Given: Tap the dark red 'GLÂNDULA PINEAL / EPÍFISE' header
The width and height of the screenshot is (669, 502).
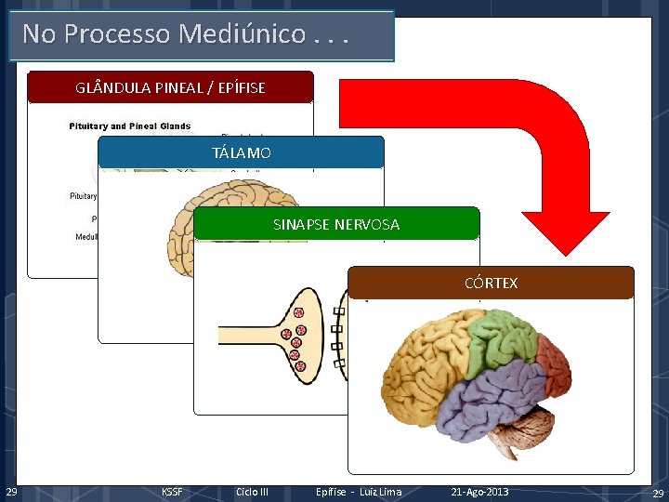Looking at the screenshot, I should pos(170,87).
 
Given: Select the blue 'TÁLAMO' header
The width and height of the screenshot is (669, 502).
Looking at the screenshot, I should pos(242,152).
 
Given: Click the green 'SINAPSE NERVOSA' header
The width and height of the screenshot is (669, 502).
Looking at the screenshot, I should pos(336,224).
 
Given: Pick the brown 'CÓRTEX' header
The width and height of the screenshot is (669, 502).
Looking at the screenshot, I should pos(491,283).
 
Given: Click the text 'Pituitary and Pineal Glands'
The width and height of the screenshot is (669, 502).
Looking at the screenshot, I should pos(129,125).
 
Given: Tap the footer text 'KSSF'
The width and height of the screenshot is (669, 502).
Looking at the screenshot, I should pos(172,492).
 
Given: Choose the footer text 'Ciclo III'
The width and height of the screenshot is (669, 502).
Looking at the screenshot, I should pos(252,492).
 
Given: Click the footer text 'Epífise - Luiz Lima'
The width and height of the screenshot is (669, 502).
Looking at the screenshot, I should pos(359,492).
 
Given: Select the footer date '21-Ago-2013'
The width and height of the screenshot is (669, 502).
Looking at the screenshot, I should pos(479,492).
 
